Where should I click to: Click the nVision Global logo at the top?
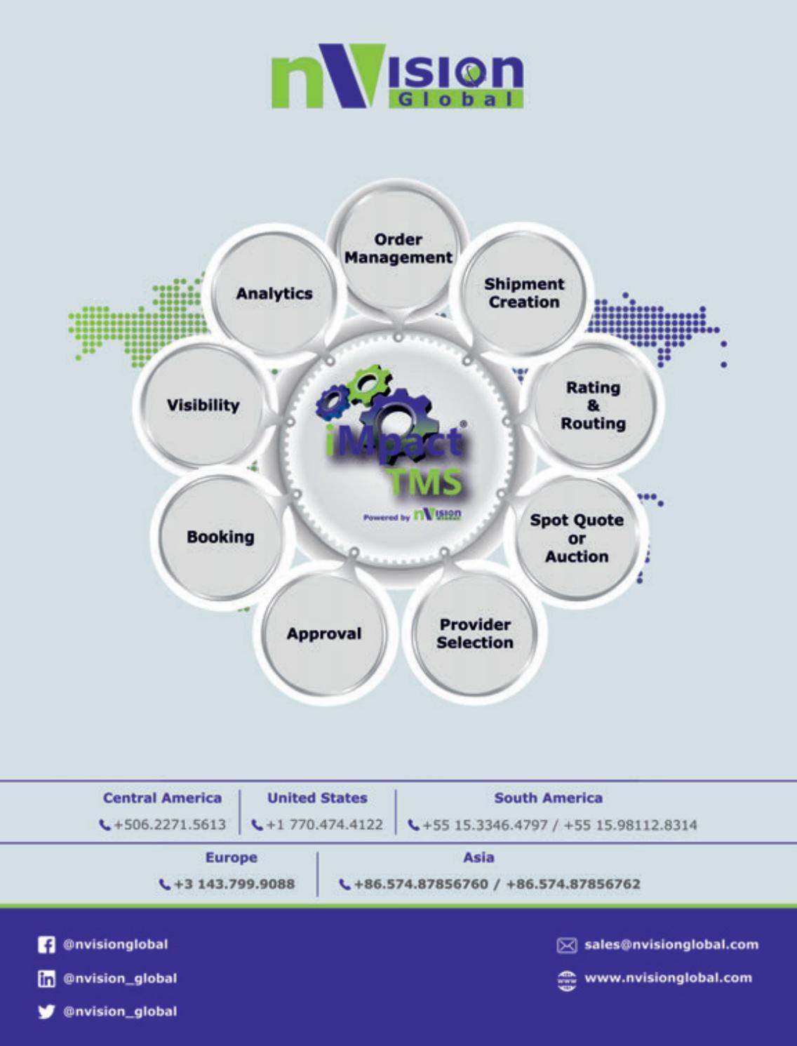[398, 78]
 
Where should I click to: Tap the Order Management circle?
[398, 249]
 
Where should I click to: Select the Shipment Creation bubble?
[523, 293]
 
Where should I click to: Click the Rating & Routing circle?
[593, 405]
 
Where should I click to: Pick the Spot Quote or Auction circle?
[577, 538]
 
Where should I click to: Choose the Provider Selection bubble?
[475, 633]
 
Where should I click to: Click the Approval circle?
[324, 633]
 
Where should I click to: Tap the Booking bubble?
[220, 537]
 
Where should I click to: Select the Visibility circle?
[203, 405]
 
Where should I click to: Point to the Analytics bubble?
[274, 293]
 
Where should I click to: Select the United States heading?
[317, 798]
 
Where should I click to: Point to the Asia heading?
[478, 857]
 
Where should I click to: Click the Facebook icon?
[46, 945]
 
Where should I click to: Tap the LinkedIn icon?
[46, 979]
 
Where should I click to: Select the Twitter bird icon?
[46, 1012]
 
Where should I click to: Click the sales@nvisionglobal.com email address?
[671, 944]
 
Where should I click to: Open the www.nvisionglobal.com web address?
[668, 978]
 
